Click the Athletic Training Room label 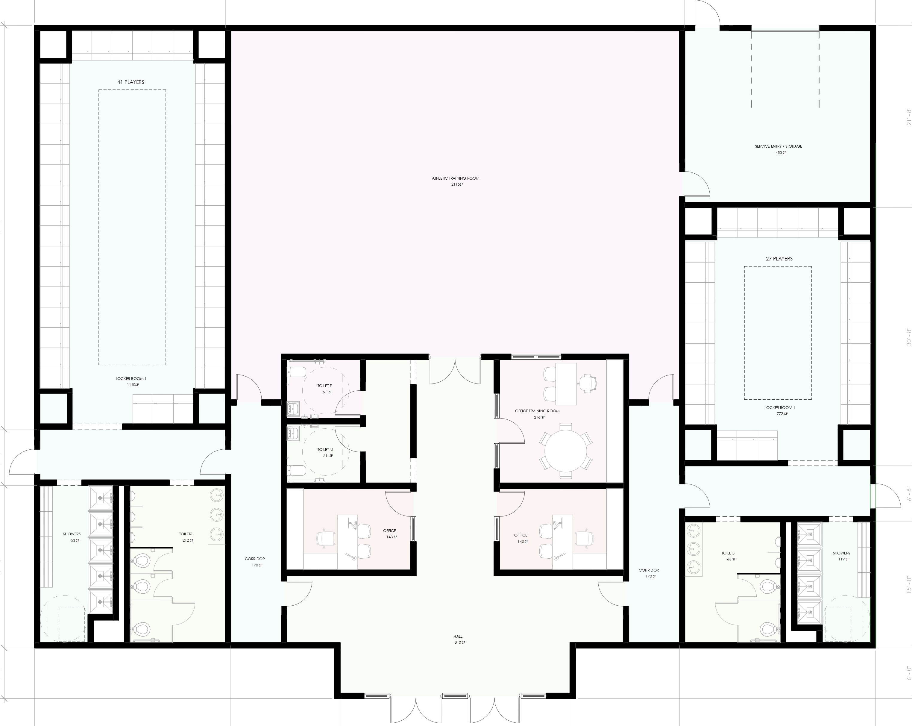[x=456, y=178]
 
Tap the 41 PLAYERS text [x=131, y=82]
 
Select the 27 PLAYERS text [x=779, y=258]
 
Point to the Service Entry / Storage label [x=778, y=146]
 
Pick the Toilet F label [x=324, y=386]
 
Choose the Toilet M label [x=325, y=450]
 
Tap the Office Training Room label [x=537, y=411]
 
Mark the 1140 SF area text [x=133, y=385]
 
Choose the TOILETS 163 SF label [x=728, y=556]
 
